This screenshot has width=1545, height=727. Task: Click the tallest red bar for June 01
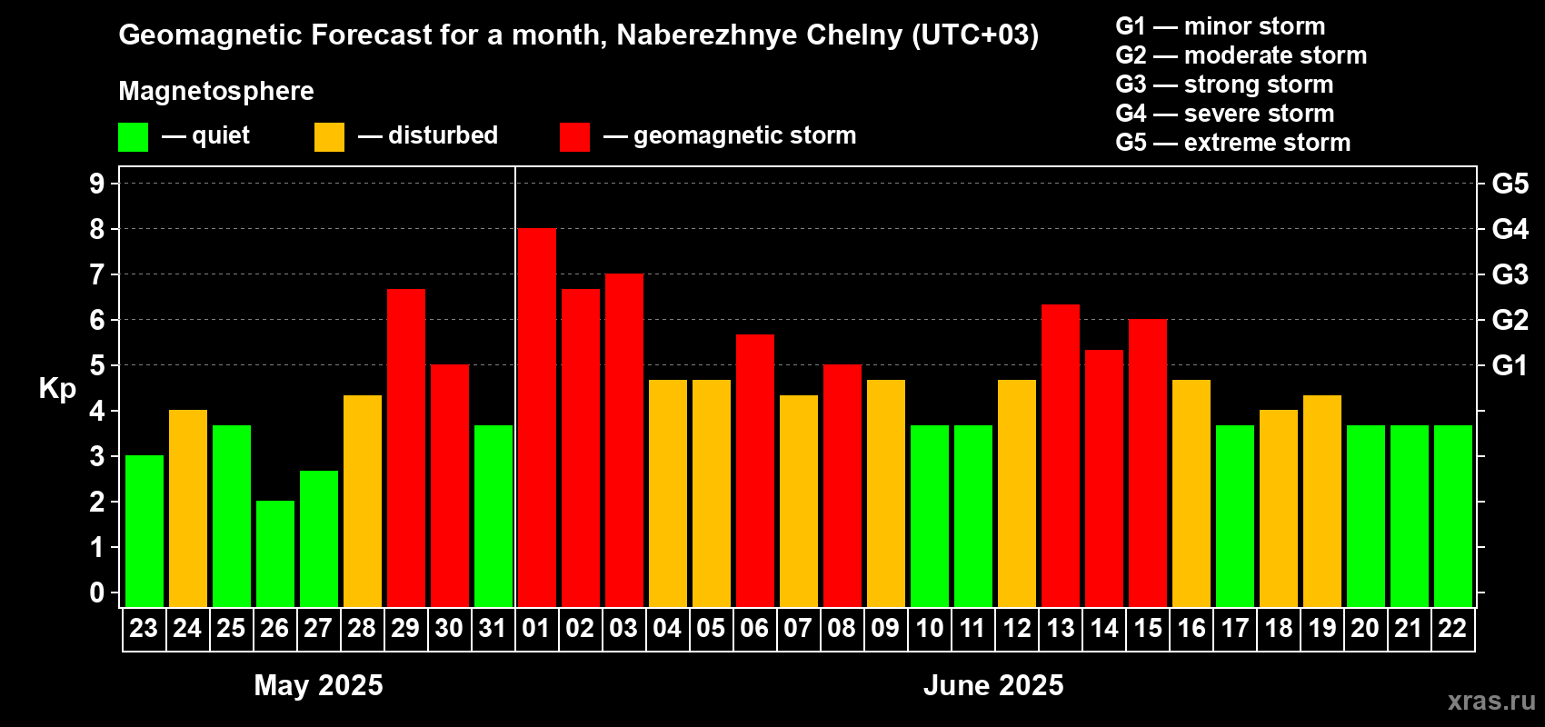[x=537, y=418]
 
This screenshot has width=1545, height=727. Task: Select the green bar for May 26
[x=275, y=553]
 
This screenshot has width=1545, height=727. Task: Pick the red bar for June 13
[x=1061, y=455]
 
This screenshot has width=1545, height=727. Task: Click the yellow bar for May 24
[x=188, y=508]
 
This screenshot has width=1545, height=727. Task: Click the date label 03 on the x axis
[x=623, y=629]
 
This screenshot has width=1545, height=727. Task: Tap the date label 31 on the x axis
[x=493, y=629]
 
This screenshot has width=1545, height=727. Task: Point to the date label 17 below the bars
[x=1234, y=629]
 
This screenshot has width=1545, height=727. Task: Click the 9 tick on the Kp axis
[x=97, y=184]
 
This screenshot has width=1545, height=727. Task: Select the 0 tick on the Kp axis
[x=97, y=593]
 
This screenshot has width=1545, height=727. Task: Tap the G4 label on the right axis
[x=1510, y=229]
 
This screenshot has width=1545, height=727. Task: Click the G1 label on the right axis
[x=1510, y=365]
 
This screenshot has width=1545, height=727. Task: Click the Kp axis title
[x=57, y=389]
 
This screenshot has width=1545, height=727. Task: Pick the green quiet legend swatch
[x=134, y=137]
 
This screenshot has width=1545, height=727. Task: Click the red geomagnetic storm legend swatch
[x=574, y=137]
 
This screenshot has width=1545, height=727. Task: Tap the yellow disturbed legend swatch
[x=329, y=137]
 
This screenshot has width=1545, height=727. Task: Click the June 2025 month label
[x=993, y=685]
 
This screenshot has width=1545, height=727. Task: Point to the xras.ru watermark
[x=1491, y=701]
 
